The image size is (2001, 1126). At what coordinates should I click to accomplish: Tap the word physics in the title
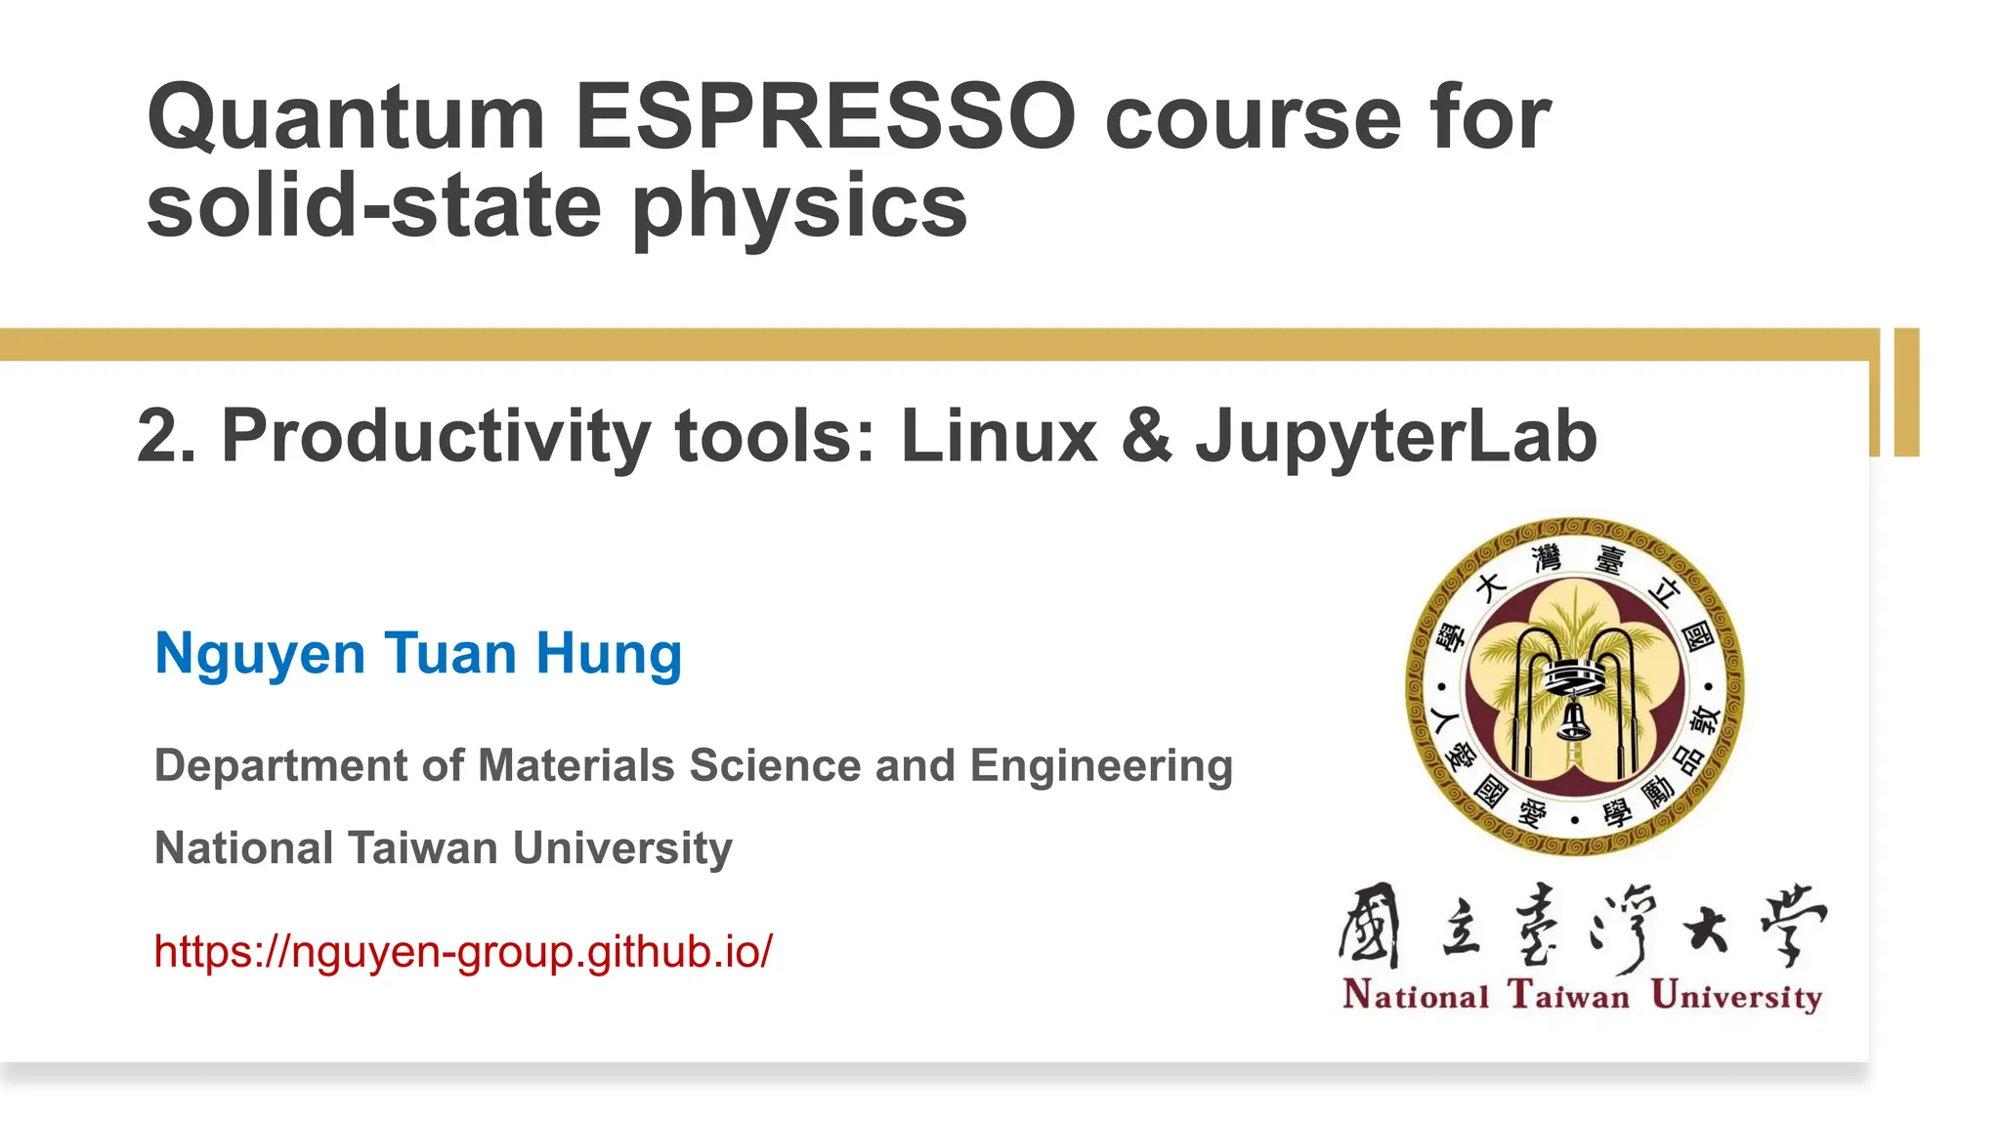point(799,207)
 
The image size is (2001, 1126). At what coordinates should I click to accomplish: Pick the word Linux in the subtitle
point(999,436)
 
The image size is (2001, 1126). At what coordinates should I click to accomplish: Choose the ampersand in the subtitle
point(1146,436)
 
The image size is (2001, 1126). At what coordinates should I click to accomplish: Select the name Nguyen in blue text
point(260,654)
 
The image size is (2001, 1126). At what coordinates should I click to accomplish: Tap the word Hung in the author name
point(609,654)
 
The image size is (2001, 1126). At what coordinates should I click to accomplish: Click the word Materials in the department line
point(575,765)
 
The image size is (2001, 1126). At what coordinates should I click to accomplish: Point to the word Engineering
point(1101,766)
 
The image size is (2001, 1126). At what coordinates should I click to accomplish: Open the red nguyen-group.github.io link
point(463,951)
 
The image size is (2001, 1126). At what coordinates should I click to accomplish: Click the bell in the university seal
point(1573,719)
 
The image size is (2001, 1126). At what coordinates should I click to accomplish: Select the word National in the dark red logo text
point(1416,995)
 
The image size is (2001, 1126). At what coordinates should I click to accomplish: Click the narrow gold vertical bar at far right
point(1906,392)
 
